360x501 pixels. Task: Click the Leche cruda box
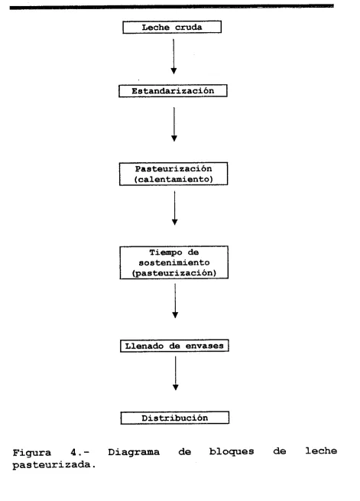(x=172, y=28)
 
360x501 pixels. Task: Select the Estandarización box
(x=173, y=91)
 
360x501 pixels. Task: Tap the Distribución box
(x=175, y=418)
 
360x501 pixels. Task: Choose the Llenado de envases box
(x=174, y=346)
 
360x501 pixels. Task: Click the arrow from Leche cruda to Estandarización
(x=174, y=57)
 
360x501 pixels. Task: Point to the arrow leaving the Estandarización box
(x=174, y=124)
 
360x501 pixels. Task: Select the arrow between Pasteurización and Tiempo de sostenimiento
(x=174, y=208)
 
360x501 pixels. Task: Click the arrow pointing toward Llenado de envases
(x=175, y=301)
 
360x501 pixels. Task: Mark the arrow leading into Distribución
(x=176, y=373)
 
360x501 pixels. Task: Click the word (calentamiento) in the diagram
(x=174, y=179)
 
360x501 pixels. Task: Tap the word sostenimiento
(x=174, y=262)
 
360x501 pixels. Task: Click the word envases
(x=205, y=346)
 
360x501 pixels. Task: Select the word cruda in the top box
(x=188, y=28)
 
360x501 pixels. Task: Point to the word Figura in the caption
(x=31, y=453)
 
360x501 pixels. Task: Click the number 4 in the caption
(x=73, y=453)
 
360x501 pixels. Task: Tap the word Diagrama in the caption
(x=134, y=452)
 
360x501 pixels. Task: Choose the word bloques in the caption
(x=232, y=451)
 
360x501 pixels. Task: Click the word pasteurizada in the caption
(x=54, y=465)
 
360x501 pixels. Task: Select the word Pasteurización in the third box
(x=174, y=169)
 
